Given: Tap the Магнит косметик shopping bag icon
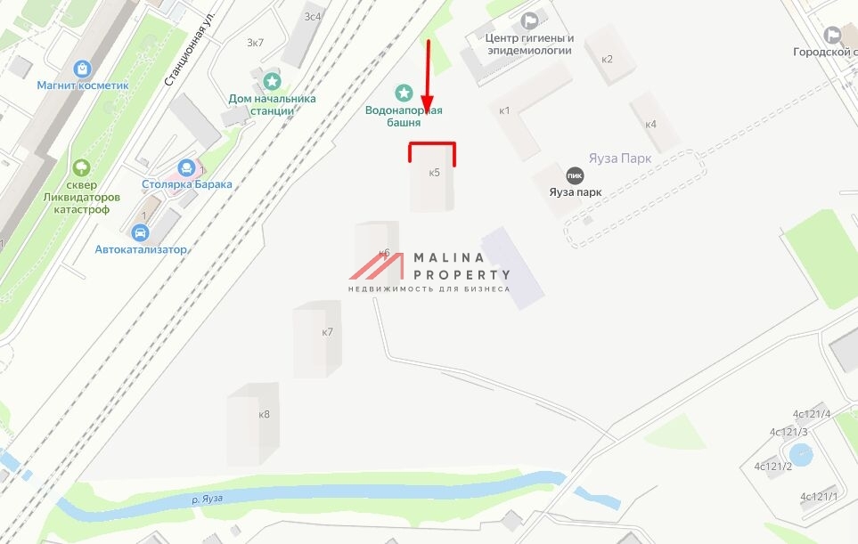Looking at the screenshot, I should (x=83, y=68).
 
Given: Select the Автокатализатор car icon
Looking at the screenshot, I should (x=140, y=232).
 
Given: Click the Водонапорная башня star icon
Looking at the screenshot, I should (x=404, y=93).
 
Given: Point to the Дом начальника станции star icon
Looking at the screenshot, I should (x=271, y=82).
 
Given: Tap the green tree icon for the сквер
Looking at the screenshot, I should (x=81, y=166).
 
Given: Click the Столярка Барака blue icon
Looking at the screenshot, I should (x=186, y=167).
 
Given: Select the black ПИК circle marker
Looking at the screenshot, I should (x=575, y=175).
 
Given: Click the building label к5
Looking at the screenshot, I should (x=434, y=173).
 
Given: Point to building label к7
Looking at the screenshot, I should (x=327, y=332).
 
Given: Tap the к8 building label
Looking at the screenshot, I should (x=264, y=414).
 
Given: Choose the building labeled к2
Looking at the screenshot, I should (x=607, y=60).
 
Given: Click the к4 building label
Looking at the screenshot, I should (x=650, y=124).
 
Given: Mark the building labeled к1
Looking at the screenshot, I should (x=504, y=110).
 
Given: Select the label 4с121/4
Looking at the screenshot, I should (x=811, y=414).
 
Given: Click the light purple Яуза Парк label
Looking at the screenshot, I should (x=620, y=158).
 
